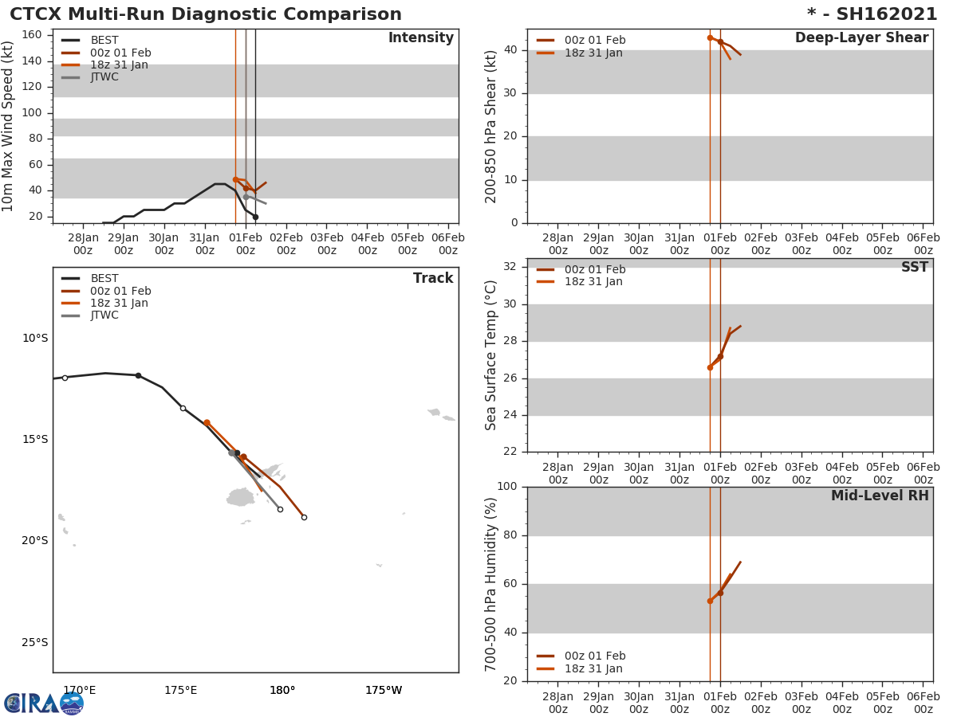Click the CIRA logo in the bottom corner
click(44, 703)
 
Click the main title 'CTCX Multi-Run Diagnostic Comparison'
click(206, 14)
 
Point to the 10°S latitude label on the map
click(35, 338)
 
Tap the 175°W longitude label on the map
click(384, 690)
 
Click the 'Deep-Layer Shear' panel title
click(861, 38)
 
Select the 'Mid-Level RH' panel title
click(880, 496)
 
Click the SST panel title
click(914, 268)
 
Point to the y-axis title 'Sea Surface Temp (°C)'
click(492, 355)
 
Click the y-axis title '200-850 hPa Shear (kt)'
click(492, 127)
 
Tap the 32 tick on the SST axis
click(508, 267)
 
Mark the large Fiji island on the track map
click(240, 497)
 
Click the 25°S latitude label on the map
click(35, 642)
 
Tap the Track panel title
click(432, 278)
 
